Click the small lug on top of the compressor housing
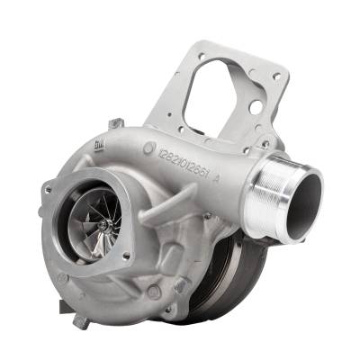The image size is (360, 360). (114, 122)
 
